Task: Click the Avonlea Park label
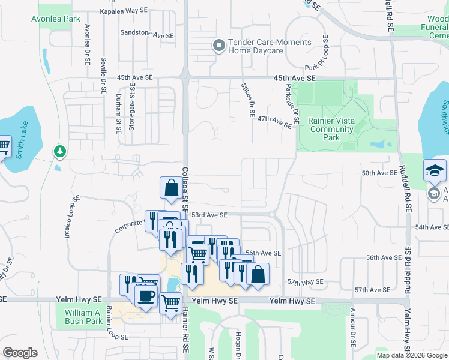click(55, 19)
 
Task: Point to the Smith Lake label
click(23, 133)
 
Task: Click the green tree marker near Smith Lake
click(59, 151)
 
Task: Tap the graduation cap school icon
click(435, 171)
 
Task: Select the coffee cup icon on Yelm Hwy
click(146, 295)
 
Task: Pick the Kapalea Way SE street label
click(124, 11)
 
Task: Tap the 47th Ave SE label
click(274, 122)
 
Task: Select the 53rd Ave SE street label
click(209, 215)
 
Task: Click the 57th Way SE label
click(305, 281)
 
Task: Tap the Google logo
click(20, 353)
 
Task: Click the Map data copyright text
click(411, 355)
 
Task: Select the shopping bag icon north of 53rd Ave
click(171, 187)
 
